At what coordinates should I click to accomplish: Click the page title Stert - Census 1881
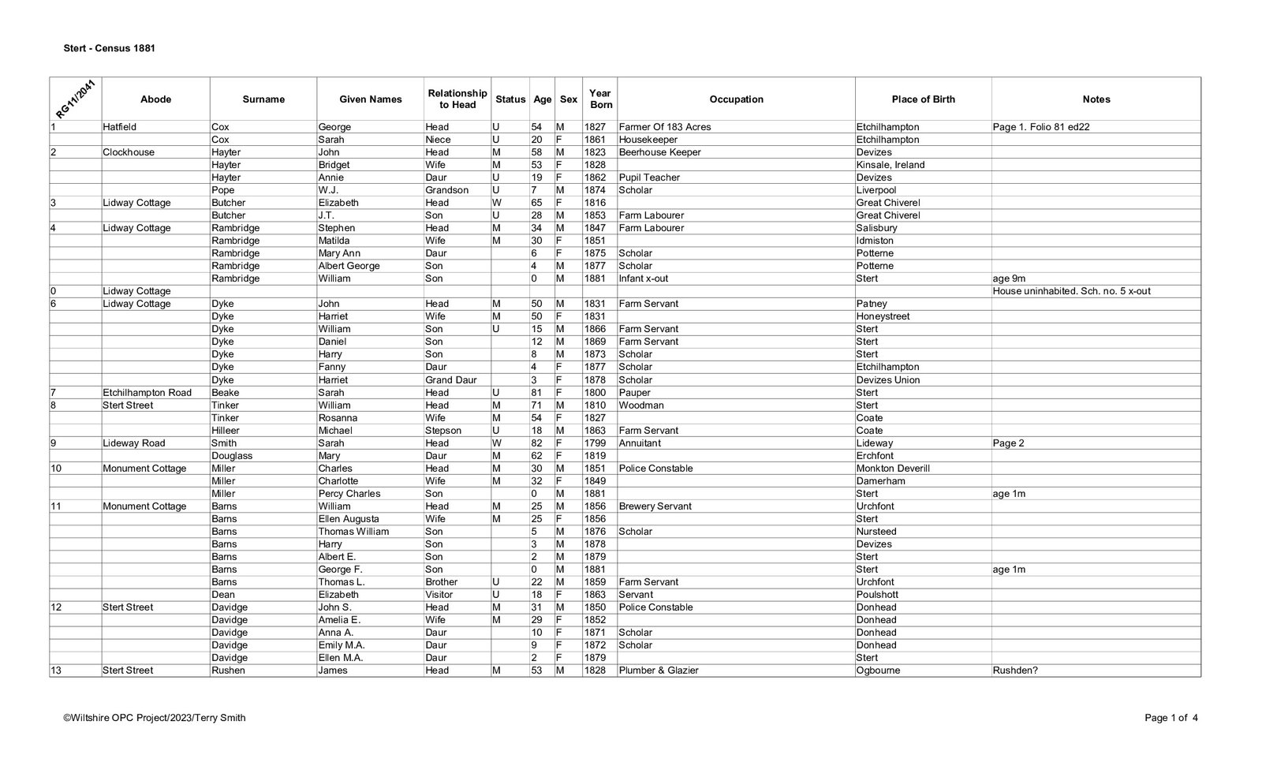click(109, 49)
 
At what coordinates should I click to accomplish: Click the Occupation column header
click(736, 99)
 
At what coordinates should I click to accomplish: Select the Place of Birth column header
click(923, 99)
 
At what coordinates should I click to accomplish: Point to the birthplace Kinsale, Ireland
click(890, 165)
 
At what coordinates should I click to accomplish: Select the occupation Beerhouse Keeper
click(659, 152)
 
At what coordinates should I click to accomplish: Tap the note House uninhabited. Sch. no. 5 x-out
click(1071, 291)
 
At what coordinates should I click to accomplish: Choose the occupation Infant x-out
click(644, 278)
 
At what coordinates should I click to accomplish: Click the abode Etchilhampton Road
click(147, 392)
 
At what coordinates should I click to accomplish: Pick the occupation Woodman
click(641, 405)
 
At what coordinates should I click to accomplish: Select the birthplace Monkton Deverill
click(893, 469)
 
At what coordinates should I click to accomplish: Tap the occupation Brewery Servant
click(655, 506)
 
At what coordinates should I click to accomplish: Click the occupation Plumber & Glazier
click(659, 671)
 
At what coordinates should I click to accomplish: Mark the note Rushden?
click(1015, 671)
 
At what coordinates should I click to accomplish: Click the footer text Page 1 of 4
click(1171, 718)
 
